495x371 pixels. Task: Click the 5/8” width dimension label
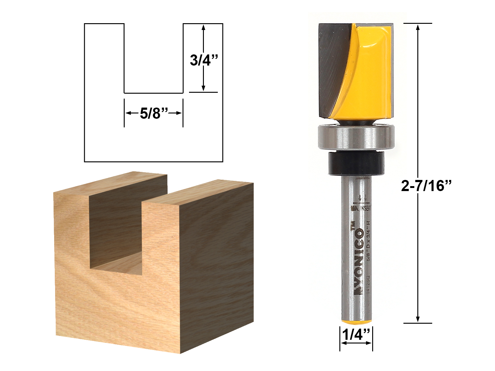tap(154, 113)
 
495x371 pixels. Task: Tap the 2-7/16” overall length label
tap(426, 186)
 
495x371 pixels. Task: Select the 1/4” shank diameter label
tap(356, 335)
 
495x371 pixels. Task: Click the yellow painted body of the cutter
tap(368, 77)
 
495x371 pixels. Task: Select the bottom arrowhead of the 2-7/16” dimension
tap(418, 319)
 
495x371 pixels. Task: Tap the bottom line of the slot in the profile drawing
tap(154, 93)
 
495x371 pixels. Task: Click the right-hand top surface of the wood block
tap(198, 193)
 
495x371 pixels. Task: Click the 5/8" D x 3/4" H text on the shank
tap(368, 241)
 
